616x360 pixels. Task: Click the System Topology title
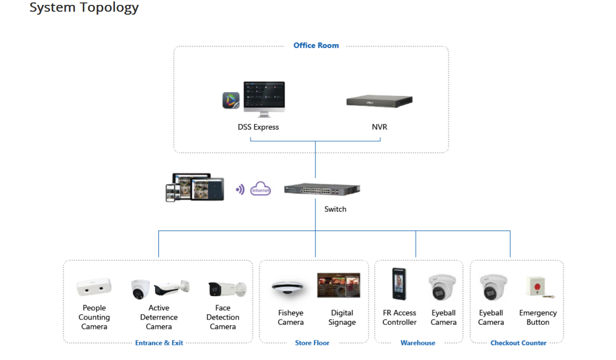pos(84,8)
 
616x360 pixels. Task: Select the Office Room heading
pos(316,45)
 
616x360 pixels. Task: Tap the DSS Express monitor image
pos(264,98)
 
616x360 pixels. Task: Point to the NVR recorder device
pos(379,101)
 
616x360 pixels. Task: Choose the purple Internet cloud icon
pos(260,189)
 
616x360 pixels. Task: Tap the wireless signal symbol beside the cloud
pos(240,189)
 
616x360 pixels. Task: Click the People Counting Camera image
pos(94,287)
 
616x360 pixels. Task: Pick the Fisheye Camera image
pos(288,289)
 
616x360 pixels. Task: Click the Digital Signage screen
pos(339,285)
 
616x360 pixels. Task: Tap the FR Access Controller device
pos(399,284)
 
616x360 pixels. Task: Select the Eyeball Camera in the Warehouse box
pos(443,287)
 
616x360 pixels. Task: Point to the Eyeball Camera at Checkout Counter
pos(493,287)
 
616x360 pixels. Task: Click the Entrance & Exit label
pos(159,343)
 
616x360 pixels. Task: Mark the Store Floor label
pos(312,343)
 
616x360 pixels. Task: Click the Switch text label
pos(335,209)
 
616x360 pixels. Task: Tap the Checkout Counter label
pos(518,343)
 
